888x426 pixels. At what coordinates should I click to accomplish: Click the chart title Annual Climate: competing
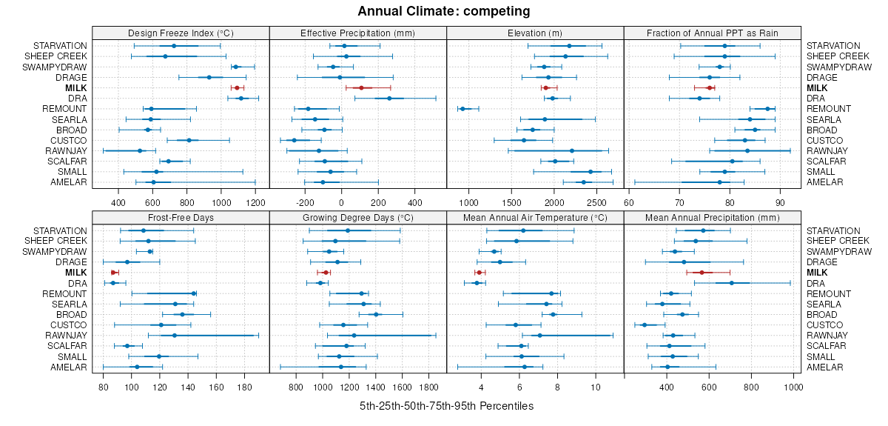tap(444, 11)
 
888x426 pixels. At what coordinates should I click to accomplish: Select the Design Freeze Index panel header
tap(181, 33)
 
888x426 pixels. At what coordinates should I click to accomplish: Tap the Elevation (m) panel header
tap(535, 33)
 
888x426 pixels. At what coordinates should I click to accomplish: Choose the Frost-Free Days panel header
tap(181, 218)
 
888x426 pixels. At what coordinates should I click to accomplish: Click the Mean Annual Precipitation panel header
tap(713, 218)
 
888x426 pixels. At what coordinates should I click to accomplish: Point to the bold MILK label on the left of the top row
tap(76, 87)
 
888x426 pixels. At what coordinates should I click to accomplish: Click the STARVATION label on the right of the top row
tap(833, 46)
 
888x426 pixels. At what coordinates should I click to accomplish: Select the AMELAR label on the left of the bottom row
tap(69, 367)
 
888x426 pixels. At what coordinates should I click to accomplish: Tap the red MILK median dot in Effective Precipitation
tap(361, 87)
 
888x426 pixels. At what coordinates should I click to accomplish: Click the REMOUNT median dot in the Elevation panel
tap(462, 109)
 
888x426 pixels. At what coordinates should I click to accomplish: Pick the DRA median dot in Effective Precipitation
tap(389, 98)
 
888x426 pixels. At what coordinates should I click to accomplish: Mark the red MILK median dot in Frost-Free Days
tap(113, 273)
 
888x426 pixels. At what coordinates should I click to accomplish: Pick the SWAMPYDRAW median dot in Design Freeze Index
tap(236, 67)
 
